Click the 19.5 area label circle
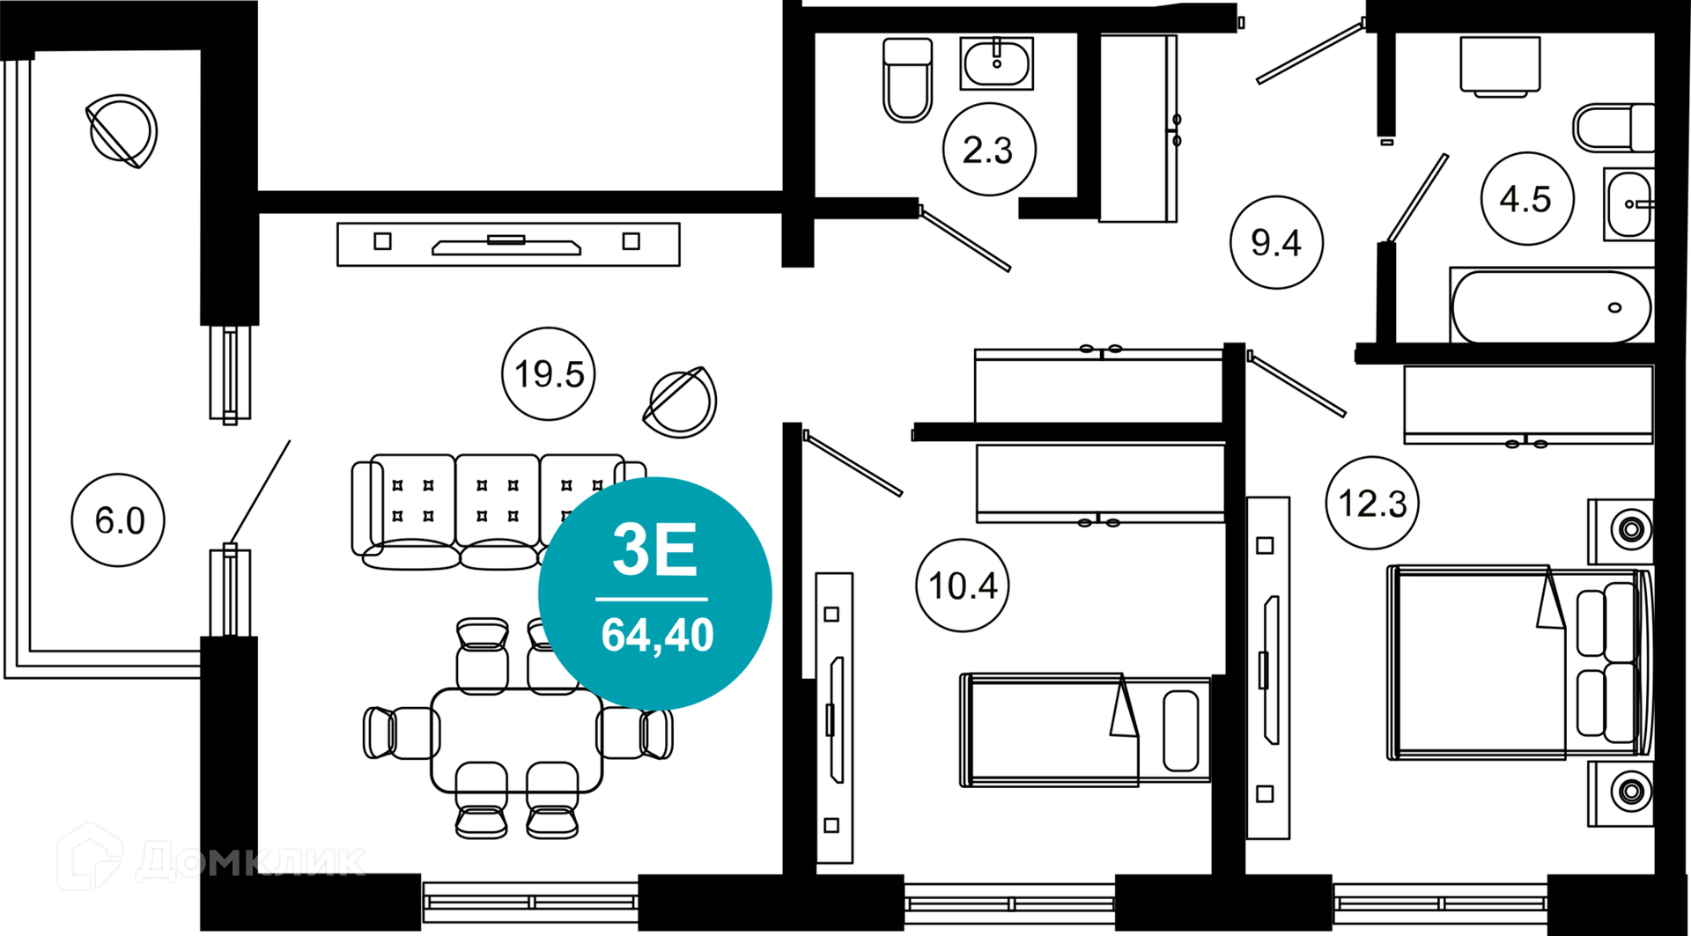pyautogui.click(x=549, y=373)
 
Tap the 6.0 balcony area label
pyautogui.click(x=118, y=520)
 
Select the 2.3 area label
pyautogui.click(x=989, y=150)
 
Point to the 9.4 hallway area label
pyautogui.click(x=1276, y=242)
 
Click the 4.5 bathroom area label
pyautogui.click(x=1527, y=199)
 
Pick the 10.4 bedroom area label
pyautogui.click(x=963, y=586)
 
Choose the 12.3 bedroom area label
pyautogui.click(x=1372, y=503)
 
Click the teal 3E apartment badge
pyautogui.click(x=655, y=593)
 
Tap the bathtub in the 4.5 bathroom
pyautogui.click(x=1551, y=306)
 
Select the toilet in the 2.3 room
pyautogui.click(x=908, y=79)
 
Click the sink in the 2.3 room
pyautogui.click(x=996, y=63)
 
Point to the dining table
pyautogui.click(x=517, y=741)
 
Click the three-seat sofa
pyautogui.click(x=498, y=512)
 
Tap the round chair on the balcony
pyautogui.click(x=122, y=131)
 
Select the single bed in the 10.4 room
pyautogui.click(x=1085, y=730)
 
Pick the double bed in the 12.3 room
pyautogui.click(x=1519, y=662)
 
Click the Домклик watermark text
pyautogui.click(x=251, y=859)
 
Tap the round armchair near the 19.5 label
pyautogui.click(x=680, y=402)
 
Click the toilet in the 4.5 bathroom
pyautogui.click(x=1613, y=129)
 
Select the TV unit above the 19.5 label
pyautogui.click(x=508, y=244)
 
